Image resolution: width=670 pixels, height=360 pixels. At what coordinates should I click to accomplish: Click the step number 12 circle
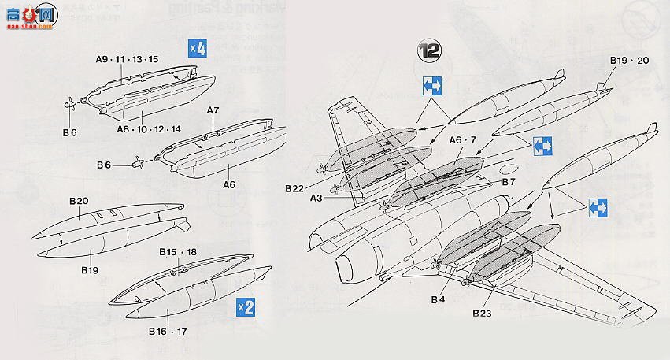tap(429, 50)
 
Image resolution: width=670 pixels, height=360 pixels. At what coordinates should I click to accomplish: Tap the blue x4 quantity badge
tap(197, 48)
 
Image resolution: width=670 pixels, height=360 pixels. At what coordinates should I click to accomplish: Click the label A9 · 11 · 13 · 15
tap(127, 59)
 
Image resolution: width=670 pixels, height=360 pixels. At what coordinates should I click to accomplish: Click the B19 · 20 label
tap(628, 60)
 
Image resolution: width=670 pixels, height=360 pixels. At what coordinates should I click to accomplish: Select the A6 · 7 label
tap(465, 139)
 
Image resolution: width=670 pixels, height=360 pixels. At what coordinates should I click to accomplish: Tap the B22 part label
tap(294, 187)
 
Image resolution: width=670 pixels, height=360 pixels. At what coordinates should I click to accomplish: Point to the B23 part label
tap(483, 313)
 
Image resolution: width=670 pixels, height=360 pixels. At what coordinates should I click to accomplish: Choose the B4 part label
tap(439, 299)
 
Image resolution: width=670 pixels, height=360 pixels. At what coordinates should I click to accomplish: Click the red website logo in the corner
tap(27, 13)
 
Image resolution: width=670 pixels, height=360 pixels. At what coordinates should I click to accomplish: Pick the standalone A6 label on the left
tap(229, 184)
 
